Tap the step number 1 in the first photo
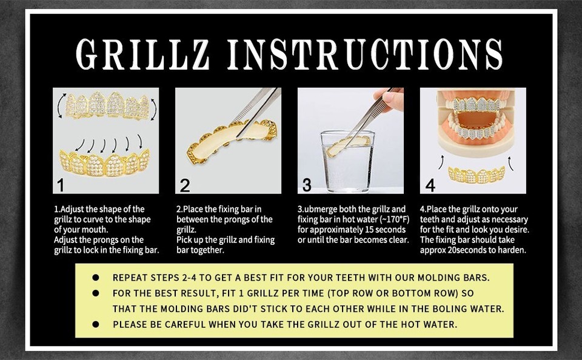coord(61,184)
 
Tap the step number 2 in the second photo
coord(186,184)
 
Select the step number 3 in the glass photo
coord(307,184)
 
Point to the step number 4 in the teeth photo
coord(430,184)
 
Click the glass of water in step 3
coord(347,159)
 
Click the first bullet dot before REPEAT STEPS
coord(96,278)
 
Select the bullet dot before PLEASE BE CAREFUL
coord(96,325)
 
